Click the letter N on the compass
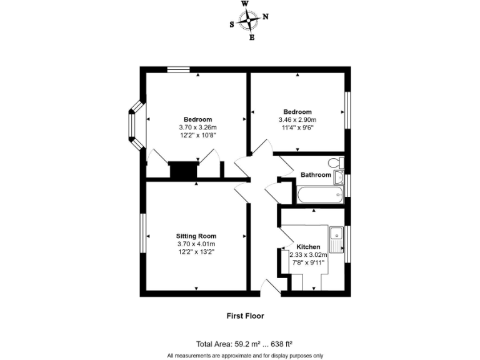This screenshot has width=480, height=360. (265, 17)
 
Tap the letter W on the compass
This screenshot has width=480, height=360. (244, 4)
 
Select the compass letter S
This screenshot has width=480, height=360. (232, 25)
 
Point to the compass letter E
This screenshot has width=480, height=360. (252, 37)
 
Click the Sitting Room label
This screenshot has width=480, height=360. (196, 236)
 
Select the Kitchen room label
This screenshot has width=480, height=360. (308, 247)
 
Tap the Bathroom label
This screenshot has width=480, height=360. (316, 175)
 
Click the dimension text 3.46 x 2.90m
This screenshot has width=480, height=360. (297, 120)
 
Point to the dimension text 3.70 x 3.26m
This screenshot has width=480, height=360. (197, 127)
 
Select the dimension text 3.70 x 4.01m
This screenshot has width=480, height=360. (196, 244)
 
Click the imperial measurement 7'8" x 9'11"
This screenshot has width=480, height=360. (308, 262)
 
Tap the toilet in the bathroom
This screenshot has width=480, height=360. (337, 162)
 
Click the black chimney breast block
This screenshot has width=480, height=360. (184, 171)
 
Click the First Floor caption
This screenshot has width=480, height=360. (245, 316)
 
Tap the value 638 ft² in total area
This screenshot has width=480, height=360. (281, 344)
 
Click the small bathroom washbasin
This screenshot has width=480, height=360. (338, 177)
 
